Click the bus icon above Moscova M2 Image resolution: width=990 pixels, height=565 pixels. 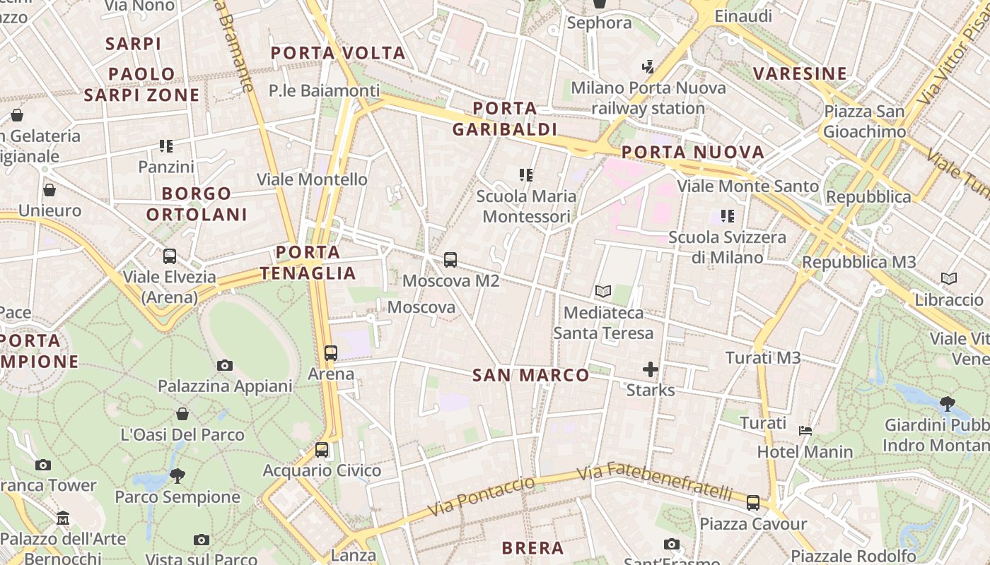point(450,259)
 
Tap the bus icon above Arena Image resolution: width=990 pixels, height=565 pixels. point(330,352)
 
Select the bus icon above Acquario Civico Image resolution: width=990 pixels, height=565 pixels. point(322,449)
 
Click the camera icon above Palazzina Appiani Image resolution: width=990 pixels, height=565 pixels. point(225,365)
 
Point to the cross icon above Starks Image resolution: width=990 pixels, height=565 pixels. point(650,369)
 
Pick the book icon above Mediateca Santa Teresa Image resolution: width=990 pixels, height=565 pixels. point(602,291)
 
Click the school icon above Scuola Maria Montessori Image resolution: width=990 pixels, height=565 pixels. point(525,174)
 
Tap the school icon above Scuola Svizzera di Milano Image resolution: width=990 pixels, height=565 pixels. point(727,215)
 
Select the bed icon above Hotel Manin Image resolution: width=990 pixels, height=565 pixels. point(805,430)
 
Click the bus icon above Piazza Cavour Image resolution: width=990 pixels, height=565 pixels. point(753,503)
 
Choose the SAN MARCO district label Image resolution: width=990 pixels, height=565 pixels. point(530,375)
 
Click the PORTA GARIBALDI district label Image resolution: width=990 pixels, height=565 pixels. point(505,119)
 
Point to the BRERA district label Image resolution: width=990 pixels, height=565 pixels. point(532,548)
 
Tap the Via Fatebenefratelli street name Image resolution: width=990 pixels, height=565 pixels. point(663,480)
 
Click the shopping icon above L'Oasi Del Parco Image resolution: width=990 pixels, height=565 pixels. point(182,414)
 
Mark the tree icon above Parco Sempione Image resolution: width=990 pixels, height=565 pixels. point(177,476)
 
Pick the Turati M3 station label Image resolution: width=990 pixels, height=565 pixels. point(763,358)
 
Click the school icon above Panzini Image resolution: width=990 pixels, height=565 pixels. point(166,146)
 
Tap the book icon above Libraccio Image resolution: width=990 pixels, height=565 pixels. point(949,279)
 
